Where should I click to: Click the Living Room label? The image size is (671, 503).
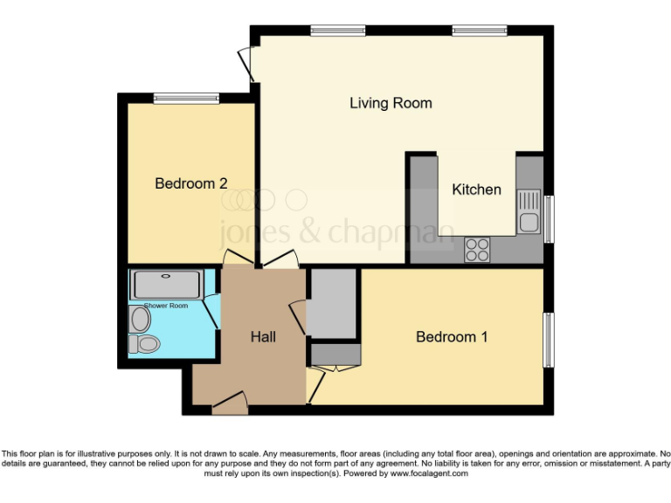[x=391, y=103]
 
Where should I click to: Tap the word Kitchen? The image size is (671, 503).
[x=476, y=189]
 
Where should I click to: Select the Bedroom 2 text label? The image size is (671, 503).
[x=191, y=183]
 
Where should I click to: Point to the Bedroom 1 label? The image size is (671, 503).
[x=451, y=337]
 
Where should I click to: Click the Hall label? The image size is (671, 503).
[x=263, y=336]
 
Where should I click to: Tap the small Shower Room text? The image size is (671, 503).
[x=166, y=306]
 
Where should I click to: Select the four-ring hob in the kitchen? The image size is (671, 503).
[x=477, y=250]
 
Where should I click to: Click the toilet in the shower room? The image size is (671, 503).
[x=145, y=345]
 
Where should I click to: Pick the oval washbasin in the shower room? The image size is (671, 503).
[x=140, y=320]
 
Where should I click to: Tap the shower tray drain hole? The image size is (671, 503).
[x=166, y=276]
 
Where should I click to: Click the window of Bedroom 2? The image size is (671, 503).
[x=186, y=98]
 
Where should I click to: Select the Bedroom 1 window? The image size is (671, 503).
[x=549, y=340]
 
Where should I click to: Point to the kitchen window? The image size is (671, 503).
[x=549, y=218]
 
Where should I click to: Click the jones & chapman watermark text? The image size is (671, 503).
[x=336, y=232]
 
